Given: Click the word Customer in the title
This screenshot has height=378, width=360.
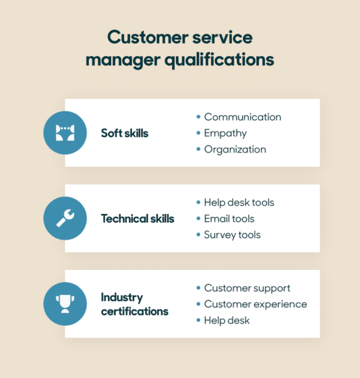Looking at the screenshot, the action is pos(148,37).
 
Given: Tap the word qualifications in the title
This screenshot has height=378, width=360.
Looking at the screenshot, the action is pos(219,60).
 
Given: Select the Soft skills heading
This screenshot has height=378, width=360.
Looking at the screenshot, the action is pos(125,133).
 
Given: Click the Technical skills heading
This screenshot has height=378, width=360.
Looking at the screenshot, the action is pos(138,219).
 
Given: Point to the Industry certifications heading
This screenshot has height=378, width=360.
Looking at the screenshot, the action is pos(135,304).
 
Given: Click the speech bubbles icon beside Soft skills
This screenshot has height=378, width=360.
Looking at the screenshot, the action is pos(65,133).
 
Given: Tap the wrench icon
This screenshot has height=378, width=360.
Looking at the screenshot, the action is pos(65,218).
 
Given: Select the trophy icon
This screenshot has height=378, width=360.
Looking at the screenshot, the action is pos(65,304).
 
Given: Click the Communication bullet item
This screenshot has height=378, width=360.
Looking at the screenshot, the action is pos(243,117).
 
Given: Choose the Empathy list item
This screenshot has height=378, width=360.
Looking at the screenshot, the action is pos(225,134).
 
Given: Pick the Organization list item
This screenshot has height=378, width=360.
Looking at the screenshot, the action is pos(235,150).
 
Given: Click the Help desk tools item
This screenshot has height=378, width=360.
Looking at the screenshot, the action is pos(239,202).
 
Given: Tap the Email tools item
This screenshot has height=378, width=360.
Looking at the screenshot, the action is pos(229,219).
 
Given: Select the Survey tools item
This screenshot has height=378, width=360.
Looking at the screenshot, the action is pos(233,235).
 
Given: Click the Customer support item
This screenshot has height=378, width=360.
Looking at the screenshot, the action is pos(247,288).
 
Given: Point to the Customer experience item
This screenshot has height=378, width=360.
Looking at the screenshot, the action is pos(256,304).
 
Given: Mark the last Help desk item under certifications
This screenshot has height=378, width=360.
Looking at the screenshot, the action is pos(227,321).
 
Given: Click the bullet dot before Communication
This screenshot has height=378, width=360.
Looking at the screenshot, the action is pos(198,117).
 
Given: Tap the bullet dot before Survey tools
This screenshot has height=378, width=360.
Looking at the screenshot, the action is pos(198,235).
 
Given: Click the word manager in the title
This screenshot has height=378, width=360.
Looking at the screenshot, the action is pos(123,61).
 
